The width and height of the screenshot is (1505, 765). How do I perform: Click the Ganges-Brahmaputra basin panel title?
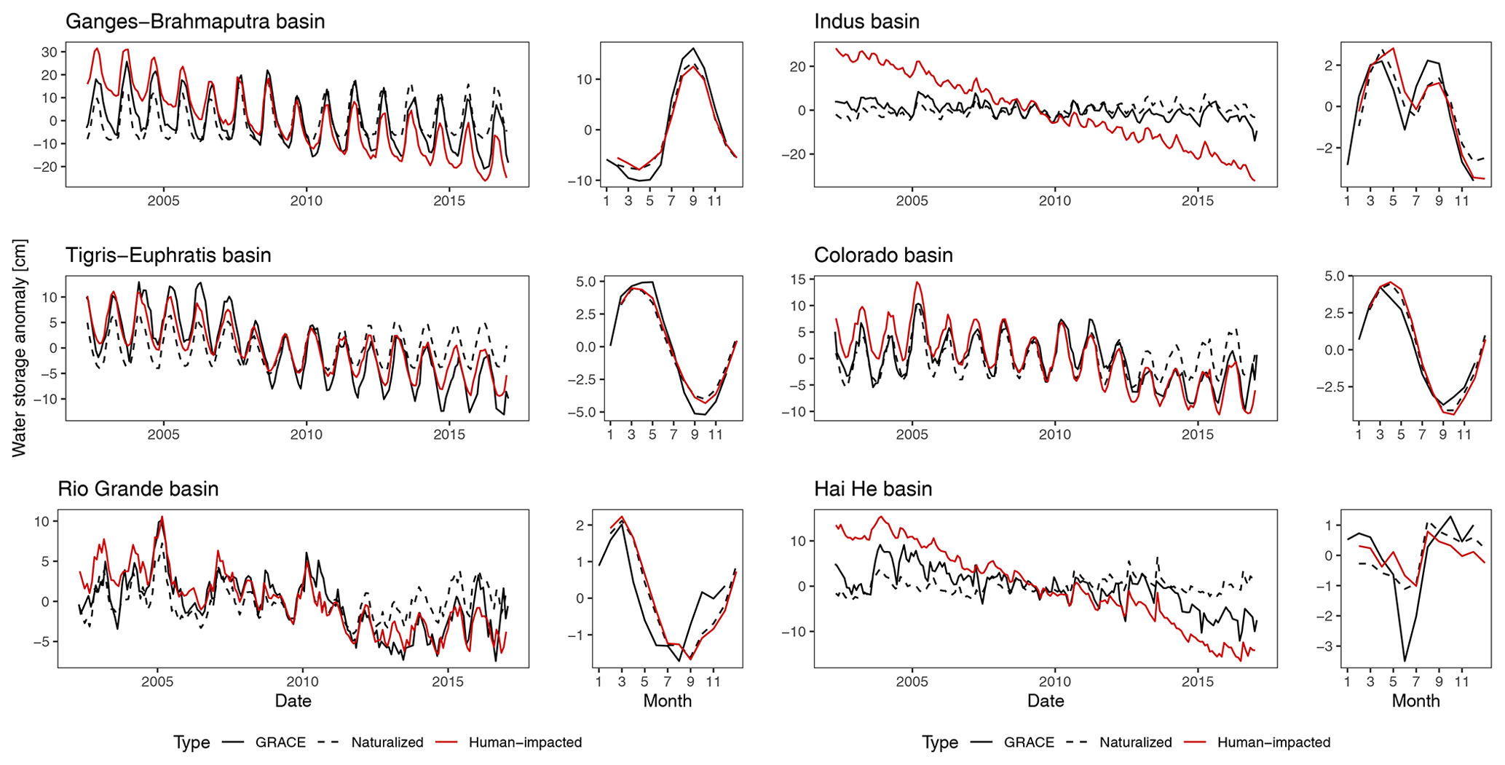[195, 22]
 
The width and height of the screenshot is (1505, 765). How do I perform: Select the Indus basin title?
[866, 22]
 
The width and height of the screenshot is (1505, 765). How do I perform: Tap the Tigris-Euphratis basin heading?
[168, 255]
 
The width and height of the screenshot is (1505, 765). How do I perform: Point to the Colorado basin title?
[883, 255]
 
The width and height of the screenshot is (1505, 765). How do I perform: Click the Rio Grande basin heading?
[138, 488]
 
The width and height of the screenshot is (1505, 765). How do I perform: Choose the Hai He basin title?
[873, 488]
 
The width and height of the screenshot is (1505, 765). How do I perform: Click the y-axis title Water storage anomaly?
[19, 348]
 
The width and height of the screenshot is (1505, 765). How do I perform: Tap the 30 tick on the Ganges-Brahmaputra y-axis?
[50, 52]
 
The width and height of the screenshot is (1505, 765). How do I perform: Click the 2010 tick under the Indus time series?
[1054, 201]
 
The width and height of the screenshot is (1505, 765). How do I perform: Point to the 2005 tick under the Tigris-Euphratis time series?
[163, 435]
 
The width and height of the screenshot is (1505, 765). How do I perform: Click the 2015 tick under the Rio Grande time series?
[448, 682]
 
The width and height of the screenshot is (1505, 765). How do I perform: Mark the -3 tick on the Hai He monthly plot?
[1329, 646]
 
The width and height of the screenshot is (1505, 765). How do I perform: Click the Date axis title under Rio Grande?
[293, 701]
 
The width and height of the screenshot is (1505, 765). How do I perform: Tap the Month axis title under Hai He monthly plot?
[1415, 701]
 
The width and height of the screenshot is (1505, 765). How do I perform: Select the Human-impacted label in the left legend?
[525, 742]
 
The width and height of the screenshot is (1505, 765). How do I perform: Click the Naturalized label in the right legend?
[1136, 742]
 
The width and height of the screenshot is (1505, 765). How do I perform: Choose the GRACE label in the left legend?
[280, 742]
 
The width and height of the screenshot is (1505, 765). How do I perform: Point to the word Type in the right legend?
[940, 742]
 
